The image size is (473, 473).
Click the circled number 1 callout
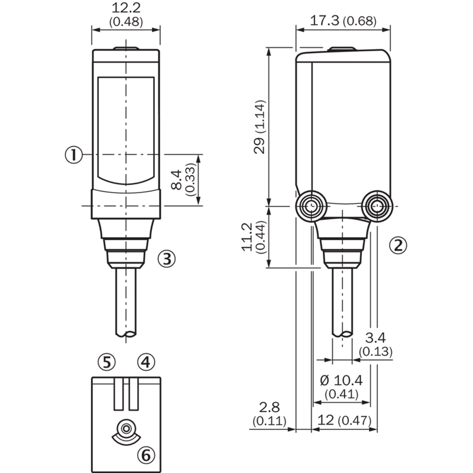click(73, 155)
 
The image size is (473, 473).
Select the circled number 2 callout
click(398, 245)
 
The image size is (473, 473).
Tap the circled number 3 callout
click(167, 258)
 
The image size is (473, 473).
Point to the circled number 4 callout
click(146, 362)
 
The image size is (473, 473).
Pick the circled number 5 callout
click(107, 362)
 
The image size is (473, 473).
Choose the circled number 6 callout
click(146, 454)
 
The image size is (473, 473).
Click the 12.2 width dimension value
click(126, 8)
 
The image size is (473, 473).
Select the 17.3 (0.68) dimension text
click(344, 21)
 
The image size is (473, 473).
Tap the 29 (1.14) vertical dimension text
click(260, 127)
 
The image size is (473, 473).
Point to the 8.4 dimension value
click(176, 180)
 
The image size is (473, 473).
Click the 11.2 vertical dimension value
click(247, 237)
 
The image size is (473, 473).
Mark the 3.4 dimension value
click(375, 338)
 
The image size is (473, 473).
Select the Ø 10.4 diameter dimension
click(341, 380)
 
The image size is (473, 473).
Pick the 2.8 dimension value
click(270, 407)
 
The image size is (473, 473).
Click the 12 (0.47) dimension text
click(345, 420)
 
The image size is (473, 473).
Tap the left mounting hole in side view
click(311, 206)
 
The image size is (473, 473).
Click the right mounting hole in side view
click(377, 206)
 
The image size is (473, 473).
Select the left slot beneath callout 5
click(119, 394)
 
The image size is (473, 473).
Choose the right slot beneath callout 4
click(134, 394)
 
